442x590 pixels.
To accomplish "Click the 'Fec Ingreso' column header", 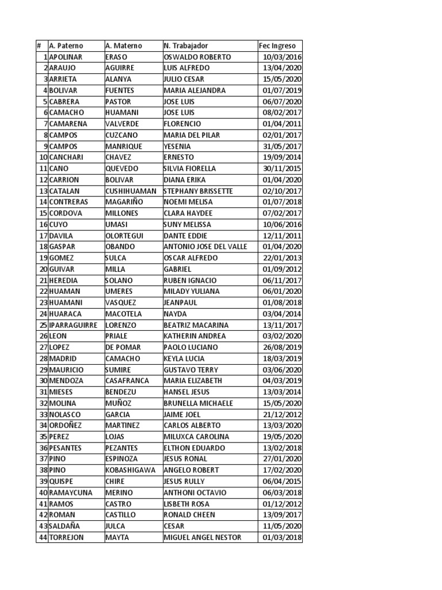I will [277, 46].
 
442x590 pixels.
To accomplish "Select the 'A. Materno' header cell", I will [123, 46].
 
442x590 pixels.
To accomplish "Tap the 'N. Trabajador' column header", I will [186, 46].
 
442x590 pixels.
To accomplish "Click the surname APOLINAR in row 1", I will [66, 57].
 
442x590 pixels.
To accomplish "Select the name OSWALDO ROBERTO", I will [197, 57].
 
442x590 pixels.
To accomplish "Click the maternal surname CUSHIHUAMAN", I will [131, 191].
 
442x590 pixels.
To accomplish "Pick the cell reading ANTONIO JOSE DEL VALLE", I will [205, 247].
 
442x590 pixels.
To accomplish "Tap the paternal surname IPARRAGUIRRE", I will [74, 325].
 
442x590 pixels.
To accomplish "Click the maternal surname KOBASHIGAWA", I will [131, 470].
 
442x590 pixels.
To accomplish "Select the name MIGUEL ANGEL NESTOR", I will [203, 538].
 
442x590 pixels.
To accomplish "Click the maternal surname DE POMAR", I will [122, 347].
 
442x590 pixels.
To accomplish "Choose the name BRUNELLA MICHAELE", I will [199, 403].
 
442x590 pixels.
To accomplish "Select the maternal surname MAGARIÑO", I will [124, 202].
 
